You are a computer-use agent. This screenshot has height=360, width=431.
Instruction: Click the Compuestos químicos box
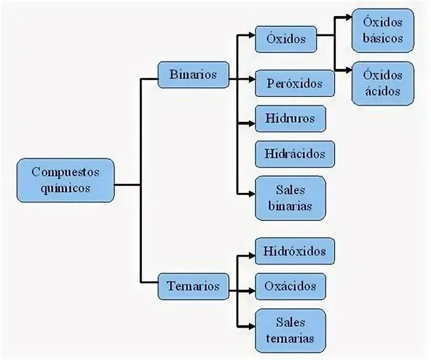(65, 180)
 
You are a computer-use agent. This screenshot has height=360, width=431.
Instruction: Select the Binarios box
(193, 74)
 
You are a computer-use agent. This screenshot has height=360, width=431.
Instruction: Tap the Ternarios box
(193, 286)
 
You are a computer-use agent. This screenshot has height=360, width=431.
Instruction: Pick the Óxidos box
(286, 39)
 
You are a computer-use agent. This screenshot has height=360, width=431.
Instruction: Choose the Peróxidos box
(295, 84)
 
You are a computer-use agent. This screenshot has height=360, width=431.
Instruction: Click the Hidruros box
(290, 118)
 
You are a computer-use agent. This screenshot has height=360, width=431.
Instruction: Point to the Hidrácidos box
(295, 154)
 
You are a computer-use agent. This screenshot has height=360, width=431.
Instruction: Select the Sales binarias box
(290, 198)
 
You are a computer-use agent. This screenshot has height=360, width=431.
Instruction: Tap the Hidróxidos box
(295, 251)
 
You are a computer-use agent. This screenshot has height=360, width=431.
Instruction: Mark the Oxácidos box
(290, 286)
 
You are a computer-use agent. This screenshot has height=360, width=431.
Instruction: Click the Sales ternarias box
(290, 330)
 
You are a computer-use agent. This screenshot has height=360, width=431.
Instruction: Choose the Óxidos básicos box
(383, 31)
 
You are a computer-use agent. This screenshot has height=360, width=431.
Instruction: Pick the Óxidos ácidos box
(383, 83)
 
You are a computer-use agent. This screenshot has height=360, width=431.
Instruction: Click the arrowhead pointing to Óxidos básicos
(347, 18)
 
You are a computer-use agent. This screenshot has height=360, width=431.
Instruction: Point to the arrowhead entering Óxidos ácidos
(347, 70)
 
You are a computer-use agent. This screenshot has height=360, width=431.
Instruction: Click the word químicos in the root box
(65, 189)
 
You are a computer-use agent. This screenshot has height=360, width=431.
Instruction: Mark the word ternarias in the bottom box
(290, 338)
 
